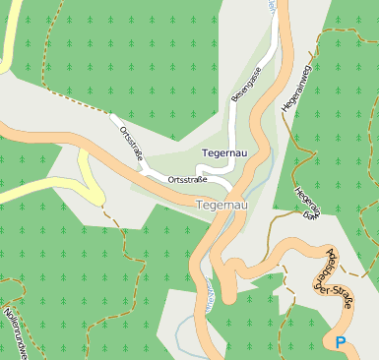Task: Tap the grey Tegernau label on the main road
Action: (221, 205)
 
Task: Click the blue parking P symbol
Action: (341, 343)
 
